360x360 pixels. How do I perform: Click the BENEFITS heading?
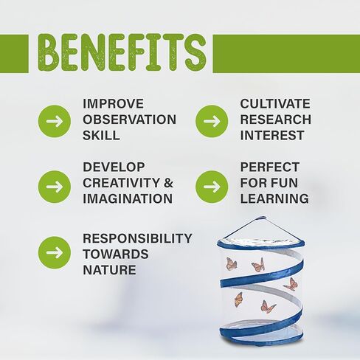tap(122, 53)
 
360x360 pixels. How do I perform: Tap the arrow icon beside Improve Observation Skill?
tap(55, 121)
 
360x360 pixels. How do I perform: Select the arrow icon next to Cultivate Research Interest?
tap(212, 121)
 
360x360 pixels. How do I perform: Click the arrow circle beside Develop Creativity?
tap(55, 187)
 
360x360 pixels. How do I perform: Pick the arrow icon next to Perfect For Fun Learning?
tap(212, 187)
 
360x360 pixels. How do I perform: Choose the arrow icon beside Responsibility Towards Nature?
tap(55, 252)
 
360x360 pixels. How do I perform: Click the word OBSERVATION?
tap(130, 120)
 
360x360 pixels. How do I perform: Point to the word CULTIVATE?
tap(275, 104)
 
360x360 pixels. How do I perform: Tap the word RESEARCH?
tap(276, 120)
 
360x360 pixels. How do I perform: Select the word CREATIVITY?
tap(122, 183)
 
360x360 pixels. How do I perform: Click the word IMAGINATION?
tap(128, 198)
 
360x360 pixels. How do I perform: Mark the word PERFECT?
tap(270, 167)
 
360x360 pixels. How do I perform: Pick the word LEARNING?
tap(274, 198)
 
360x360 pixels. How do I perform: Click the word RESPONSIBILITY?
tap(137, 238)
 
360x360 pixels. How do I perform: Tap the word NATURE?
tap(109, 270)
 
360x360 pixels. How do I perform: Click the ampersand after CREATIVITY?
tap(168, 183)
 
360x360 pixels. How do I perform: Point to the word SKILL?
tap(101, 135)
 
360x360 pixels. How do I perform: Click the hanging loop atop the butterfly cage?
tap(261, 218)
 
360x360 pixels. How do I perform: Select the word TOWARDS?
tap(116, 254)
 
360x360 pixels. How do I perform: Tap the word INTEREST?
tap(272, 135)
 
